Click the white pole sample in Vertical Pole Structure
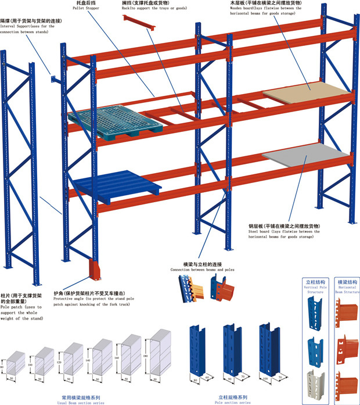(x=316, y=381)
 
